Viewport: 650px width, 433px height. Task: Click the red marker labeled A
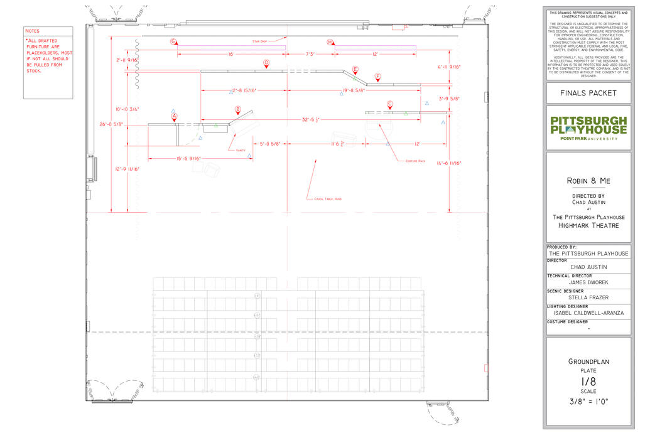pos(175,116)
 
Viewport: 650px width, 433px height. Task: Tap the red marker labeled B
pos(238,109)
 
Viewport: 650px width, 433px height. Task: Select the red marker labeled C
pos(390,104)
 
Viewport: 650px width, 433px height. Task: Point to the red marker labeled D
pos(266,63)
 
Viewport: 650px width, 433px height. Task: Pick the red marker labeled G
pos(173,41)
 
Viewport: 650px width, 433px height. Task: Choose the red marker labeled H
pos(330,41)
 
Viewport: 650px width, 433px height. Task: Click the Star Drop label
pos(260,41)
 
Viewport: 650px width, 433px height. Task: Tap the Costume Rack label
pos(415,161)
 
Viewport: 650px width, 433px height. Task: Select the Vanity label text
pos(241,151)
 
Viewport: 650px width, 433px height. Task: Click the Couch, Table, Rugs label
pos(328,199)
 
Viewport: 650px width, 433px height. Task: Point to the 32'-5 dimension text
pos(312,119)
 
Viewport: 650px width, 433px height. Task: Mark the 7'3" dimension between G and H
pos(310,55)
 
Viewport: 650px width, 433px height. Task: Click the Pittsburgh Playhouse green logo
pos(588,127)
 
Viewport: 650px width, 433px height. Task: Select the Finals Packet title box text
pos(588,94)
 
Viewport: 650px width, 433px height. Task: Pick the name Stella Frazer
pos(588,297)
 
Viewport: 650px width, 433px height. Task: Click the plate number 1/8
pos(588,381)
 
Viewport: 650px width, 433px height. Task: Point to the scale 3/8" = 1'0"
pos(588,402)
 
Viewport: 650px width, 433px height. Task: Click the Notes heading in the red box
pos(32,31)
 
